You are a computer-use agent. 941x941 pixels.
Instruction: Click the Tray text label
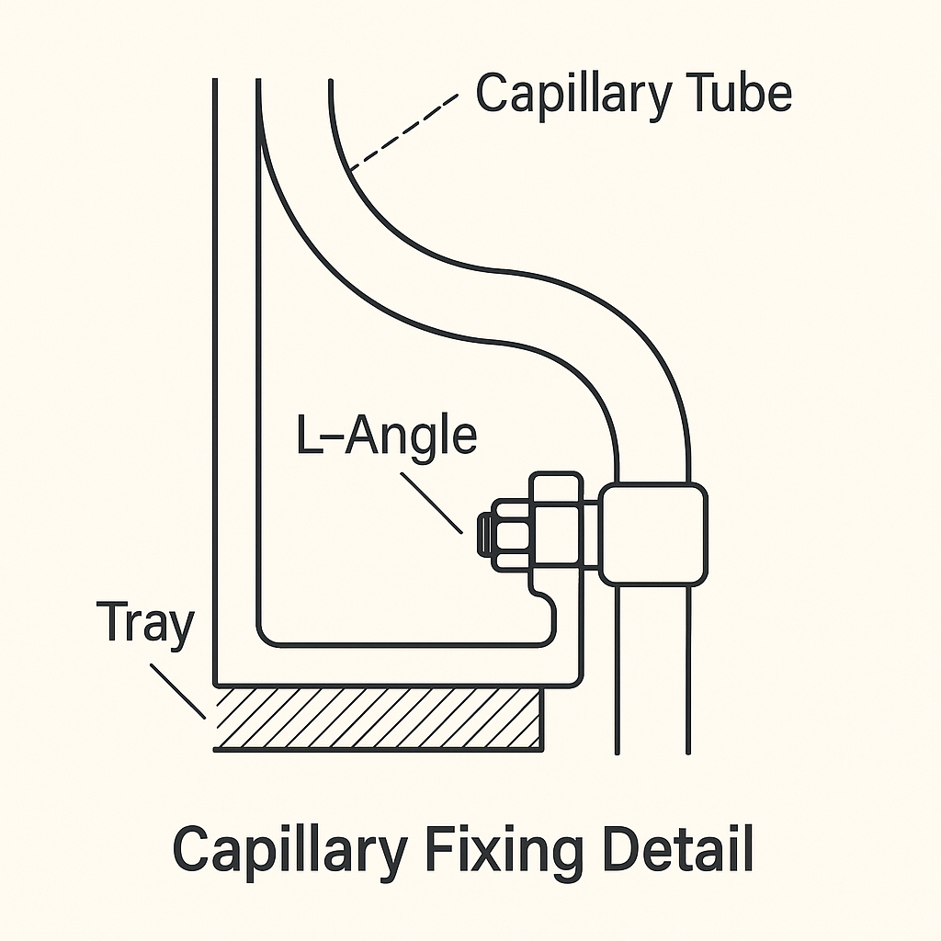tap(144, 624)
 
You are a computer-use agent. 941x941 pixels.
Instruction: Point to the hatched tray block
tap(377, 718)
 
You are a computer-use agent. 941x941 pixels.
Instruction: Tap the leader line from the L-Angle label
tap(431, 502)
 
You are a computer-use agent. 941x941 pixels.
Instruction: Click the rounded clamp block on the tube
tap(654, 534)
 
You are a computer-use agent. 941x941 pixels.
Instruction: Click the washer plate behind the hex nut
tap(555, 528)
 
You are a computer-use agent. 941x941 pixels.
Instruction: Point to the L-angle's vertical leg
tap(236, 368)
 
